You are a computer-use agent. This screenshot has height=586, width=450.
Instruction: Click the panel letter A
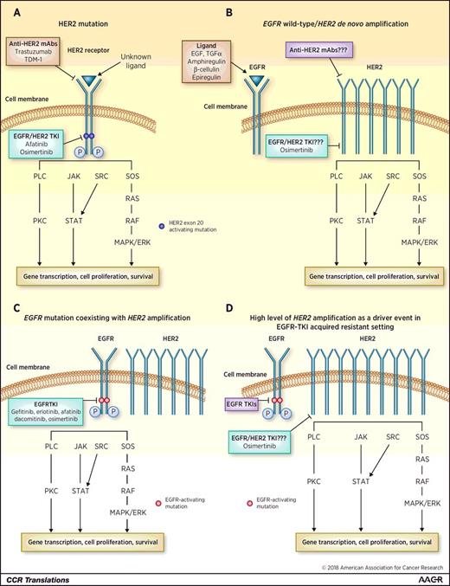click(12, 11)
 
